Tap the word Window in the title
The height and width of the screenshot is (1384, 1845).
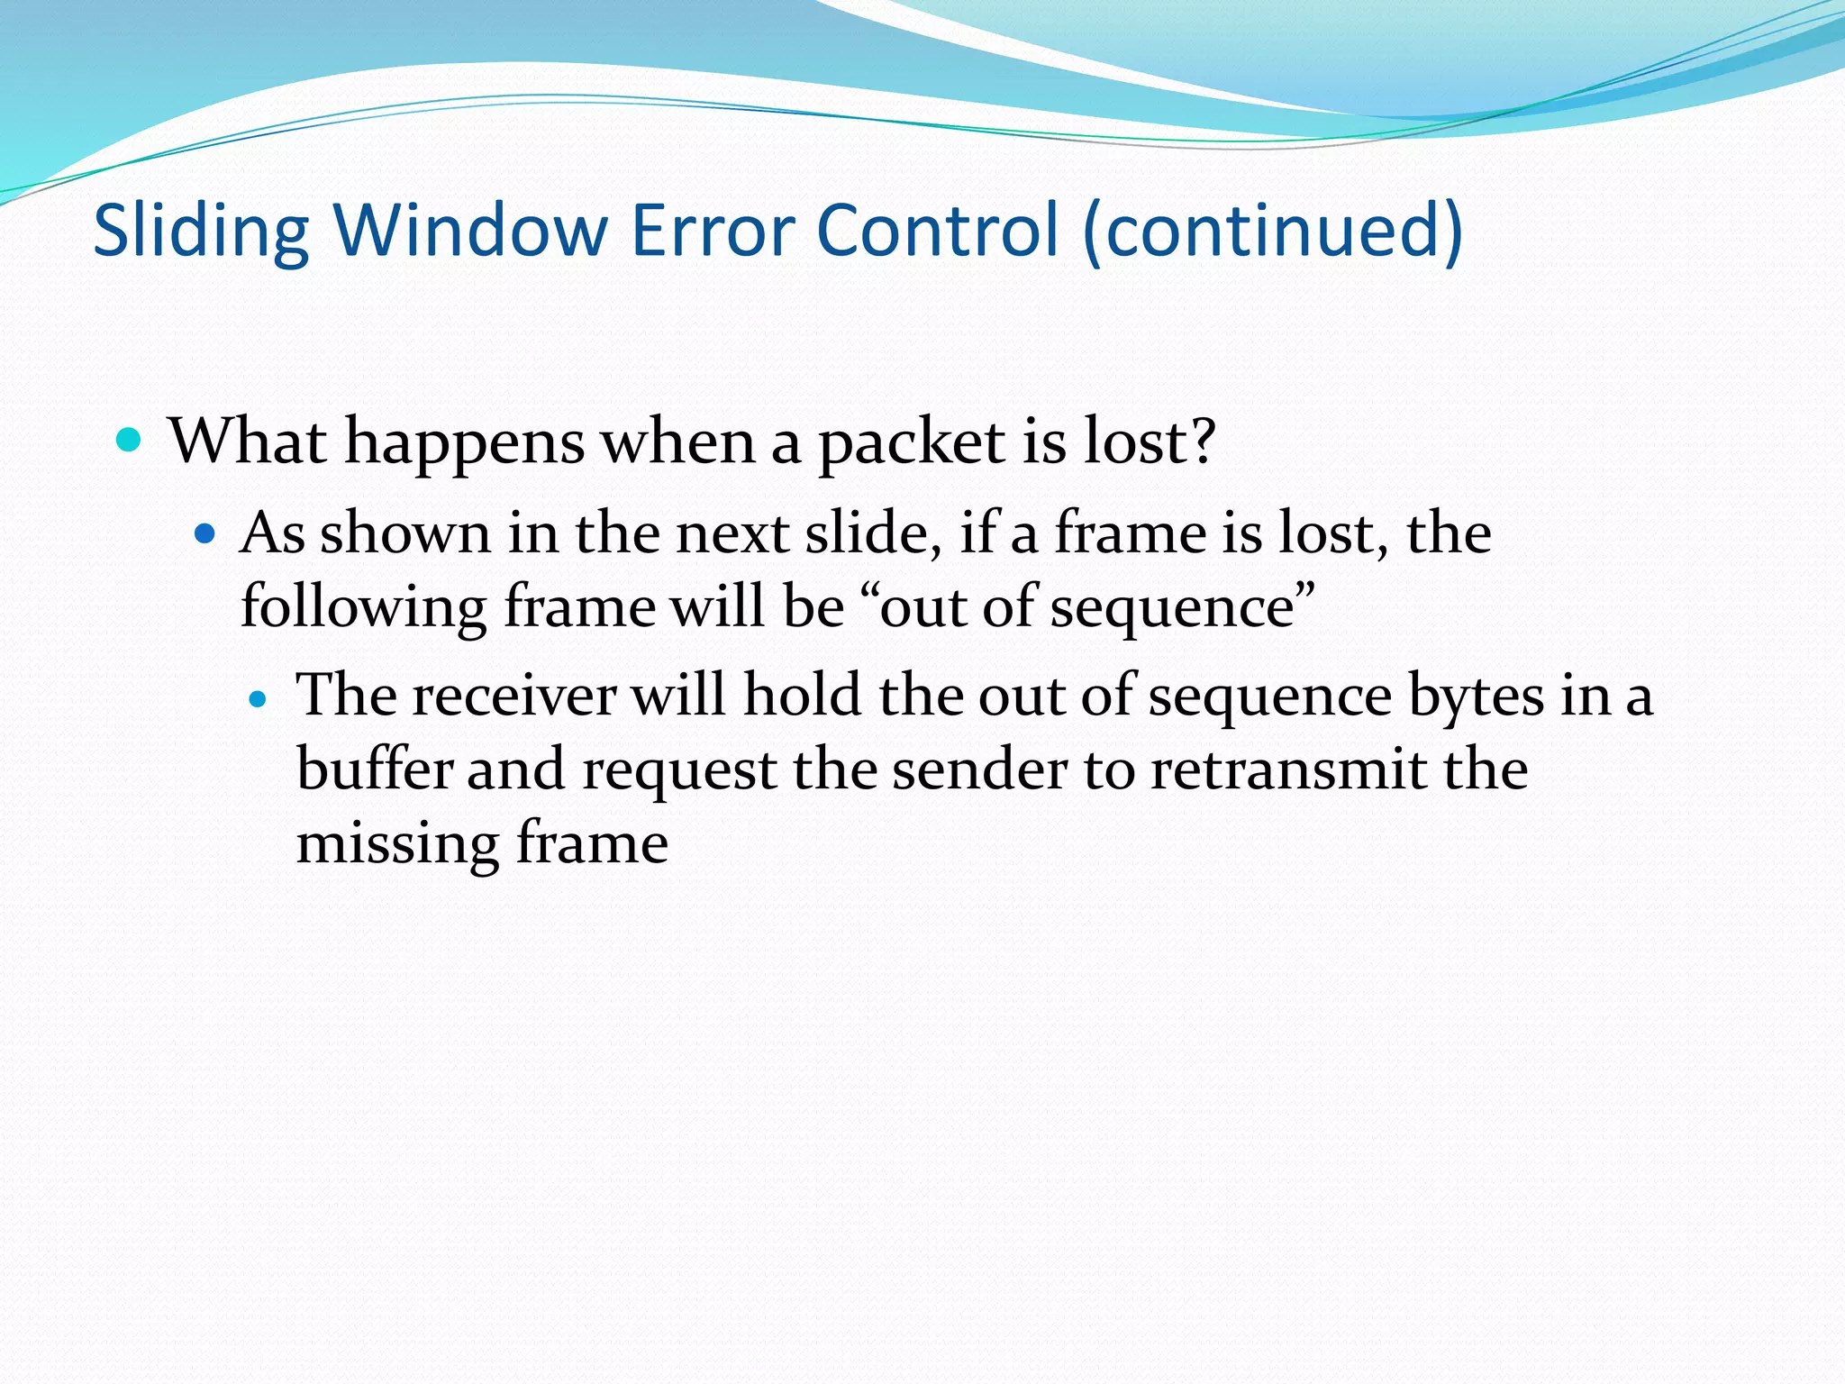pyautogui.click(x=470, y=231)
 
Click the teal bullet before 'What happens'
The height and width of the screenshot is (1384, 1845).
pyautogui.click(x=130, y=441)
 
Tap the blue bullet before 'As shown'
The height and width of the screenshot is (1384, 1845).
pyautogui.click(x=205, y=534)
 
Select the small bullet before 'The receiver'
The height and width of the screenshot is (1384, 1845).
pyautogui.click(x=259, y=698)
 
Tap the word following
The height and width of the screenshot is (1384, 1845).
pyautogui.click(x=363, y=607)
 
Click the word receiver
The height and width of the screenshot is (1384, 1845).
pyautogui.click(x=514, y=697)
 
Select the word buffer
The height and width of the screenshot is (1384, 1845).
pyautogui.click(x=374, y=770)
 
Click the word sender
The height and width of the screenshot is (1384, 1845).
pyautogui.click(x=980, y=770)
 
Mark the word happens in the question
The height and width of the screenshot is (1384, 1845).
pyautogui.click(x=465, y=443)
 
